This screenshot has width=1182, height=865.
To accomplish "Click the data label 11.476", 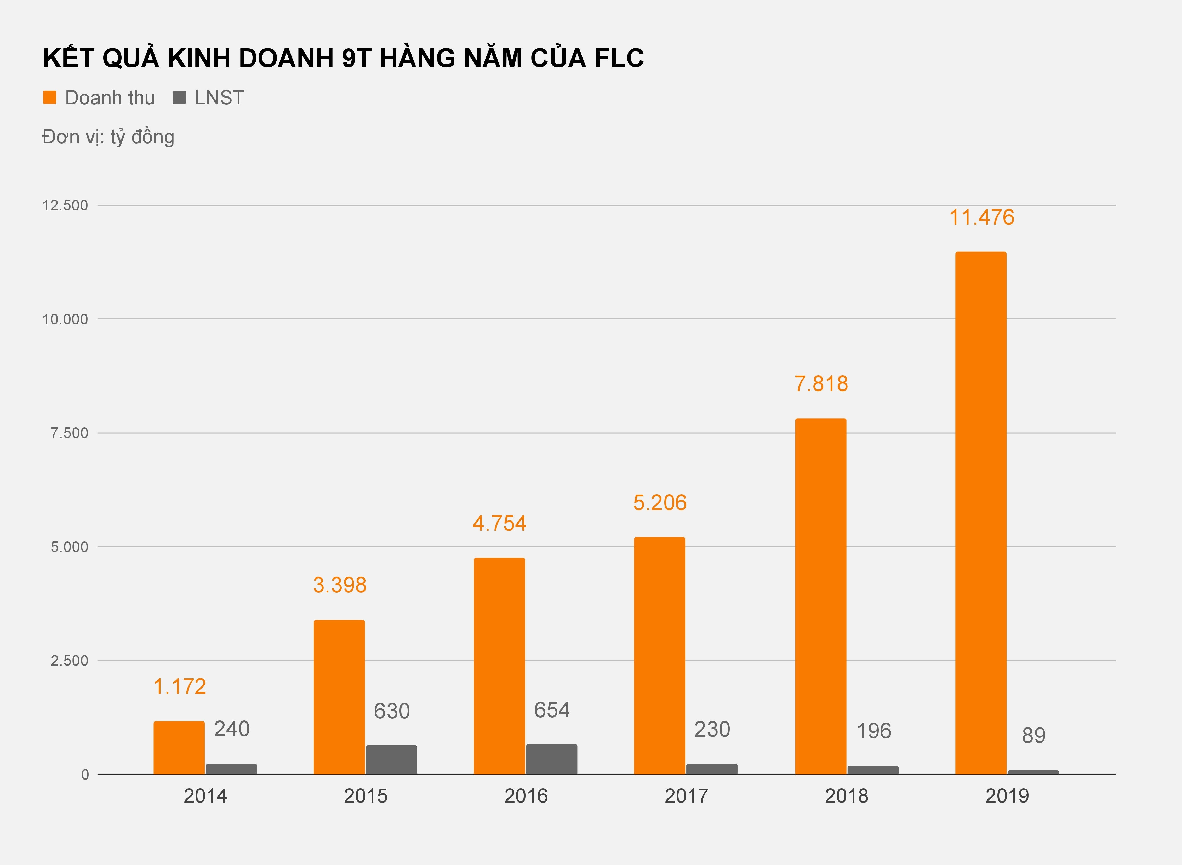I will coord(981,217).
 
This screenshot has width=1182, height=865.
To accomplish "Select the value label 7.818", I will coord(821,384).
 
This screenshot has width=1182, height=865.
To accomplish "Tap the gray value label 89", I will coord(1033,736).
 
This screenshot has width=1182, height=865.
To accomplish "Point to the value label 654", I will coord(551,710).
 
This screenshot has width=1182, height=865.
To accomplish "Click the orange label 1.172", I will coord(180,686).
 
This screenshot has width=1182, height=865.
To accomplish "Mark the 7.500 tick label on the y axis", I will coord(69,433).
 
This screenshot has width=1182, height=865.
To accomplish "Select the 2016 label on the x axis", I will coord(526,796).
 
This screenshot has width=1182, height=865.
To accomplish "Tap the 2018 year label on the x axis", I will coord(846,796).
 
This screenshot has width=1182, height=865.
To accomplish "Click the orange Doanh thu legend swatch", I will coord(50,98).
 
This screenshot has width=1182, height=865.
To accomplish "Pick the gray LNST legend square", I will coord(179,98).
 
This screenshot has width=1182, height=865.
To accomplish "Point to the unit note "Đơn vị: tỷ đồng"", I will coord(108,137).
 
